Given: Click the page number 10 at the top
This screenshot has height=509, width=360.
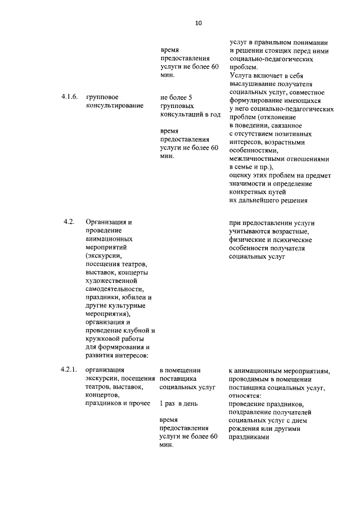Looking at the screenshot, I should [198, 23].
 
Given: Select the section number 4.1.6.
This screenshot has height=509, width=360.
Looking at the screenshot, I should [70, 97].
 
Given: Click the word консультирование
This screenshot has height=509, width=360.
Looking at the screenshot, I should [115, 105].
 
